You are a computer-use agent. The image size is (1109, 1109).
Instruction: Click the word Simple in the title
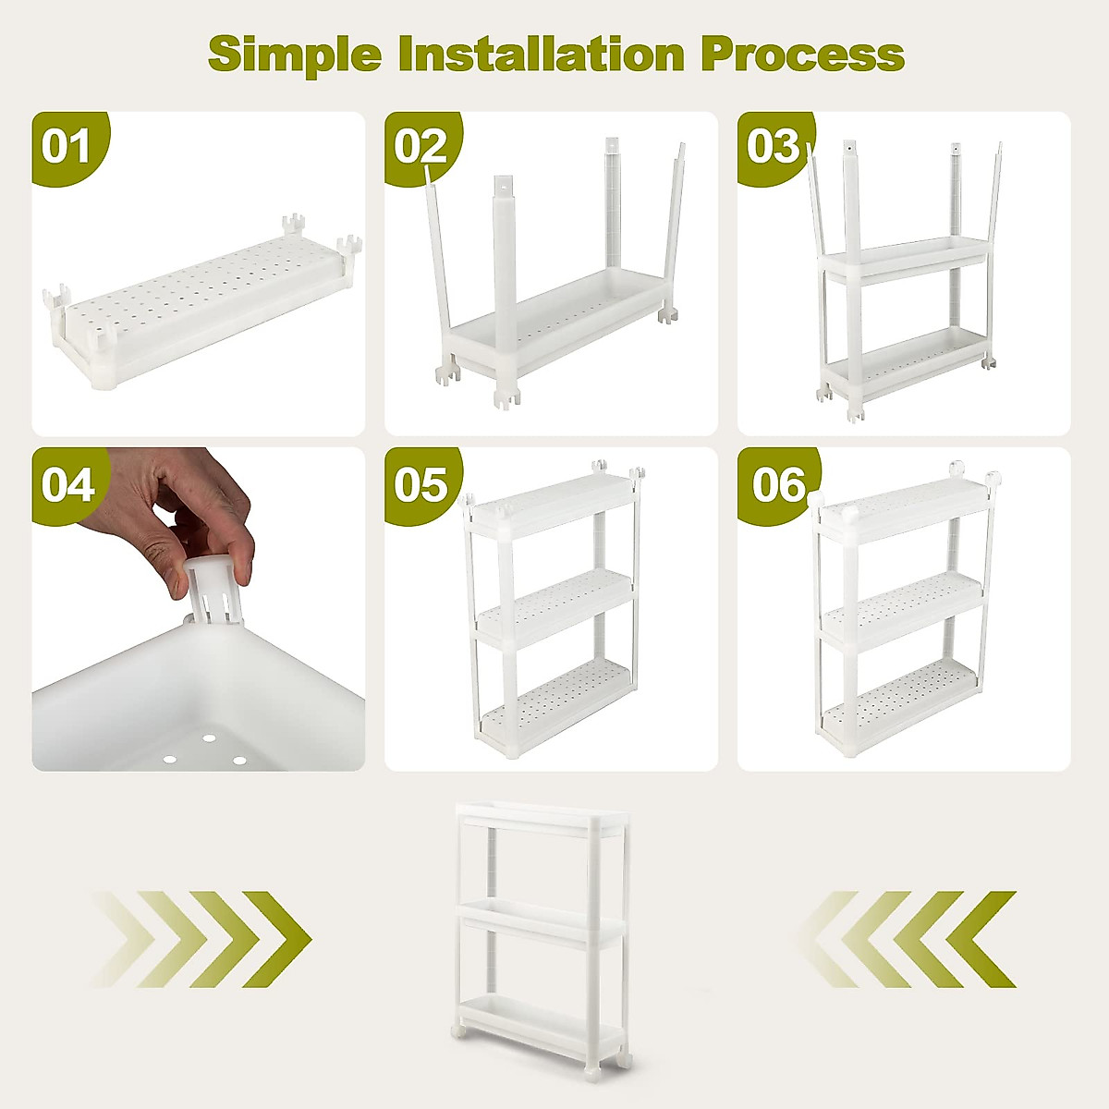coord(294,54)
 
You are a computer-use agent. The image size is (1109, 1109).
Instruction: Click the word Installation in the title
coord(541,54)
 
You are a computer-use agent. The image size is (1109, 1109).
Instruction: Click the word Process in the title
coord(802,54)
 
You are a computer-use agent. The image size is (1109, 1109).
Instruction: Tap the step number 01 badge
coord(67,146)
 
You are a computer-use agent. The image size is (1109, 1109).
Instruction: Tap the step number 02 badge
coord(420,146)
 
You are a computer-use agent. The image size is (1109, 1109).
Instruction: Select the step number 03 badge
coord(773,146)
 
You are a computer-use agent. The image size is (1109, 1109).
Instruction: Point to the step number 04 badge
coord(67,484)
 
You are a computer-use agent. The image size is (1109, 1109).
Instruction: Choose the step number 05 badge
coord(420,484)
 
